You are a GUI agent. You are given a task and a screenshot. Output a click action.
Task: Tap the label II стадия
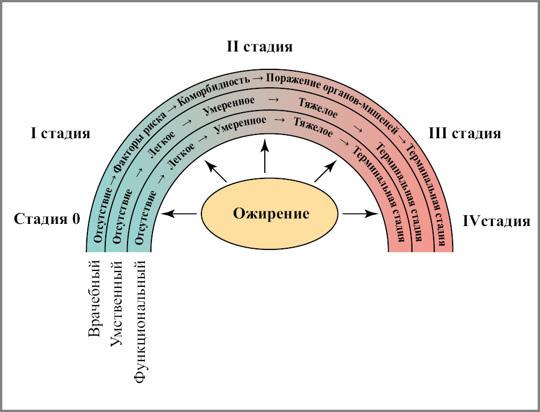(259, 47)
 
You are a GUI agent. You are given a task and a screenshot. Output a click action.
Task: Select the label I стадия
(60, 133)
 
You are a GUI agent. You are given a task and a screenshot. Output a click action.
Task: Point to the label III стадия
(465, 133)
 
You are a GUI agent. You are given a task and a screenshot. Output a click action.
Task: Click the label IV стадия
(496, 221)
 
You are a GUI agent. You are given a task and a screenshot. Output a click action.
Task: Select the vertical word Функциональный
(140, 323)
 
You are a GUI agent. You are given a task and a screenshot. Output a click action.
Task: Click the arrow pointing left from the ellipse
(179, 214)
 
